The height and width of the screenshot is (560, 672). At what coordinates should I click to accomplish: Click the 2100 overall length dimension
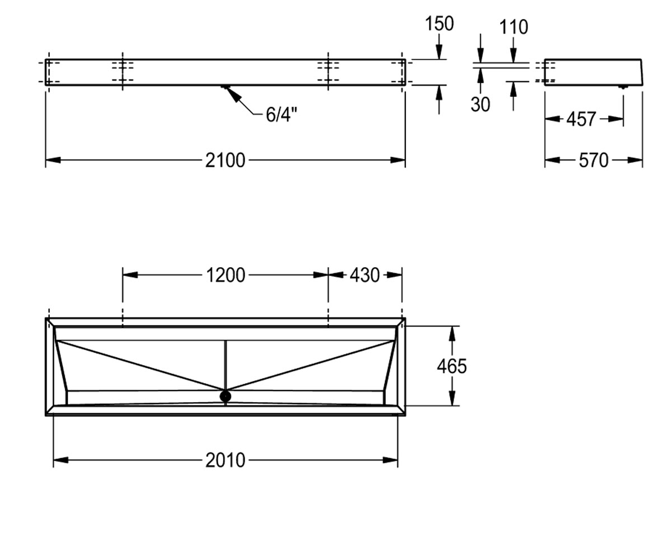[225, 160]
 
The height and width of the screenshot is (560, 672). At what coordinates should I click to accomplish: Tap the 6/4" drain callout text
[282, 114]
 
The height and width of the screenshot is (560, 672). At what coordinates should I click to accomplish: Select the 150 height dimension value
[439, 24]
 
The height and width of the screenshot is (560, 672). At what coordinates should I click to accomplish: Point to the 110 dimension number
[514, 27]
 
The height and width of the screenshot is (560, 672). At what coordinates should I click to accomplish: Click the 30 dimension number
[480, 104]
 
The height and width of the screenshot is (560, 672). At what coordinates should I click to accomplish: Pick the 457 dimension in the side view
[581, 119]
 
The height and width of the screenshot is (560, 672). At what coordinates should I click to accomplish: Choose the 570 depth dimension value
[594, 160]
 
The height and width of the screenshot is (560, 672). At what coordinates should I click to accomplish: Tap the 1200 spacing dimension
[225, 275]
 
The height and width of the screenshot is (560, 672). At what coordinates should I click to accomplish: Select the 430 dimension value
[365, 275]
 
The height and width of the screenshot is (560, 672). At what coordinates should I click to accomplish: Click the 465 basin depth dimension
[451, 366]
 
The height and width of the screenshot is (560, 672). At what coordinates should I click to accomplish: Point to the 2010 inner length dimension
[225, 460]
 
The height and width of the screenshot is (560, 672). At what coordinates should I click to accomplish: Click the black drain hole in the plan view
[225, 396]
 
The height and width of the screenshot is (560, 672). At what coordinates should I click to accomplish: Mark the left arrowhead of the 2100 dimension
[53, 160]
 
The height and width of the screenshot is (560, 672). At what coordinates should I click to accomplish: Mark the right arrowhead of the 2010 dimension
[390, 460]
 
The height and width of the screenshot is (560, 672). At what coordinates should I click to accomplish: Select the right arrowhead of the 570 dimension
[635, 160]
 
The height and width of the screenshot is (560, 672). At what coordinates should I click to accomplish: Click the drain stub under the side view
[623, 87]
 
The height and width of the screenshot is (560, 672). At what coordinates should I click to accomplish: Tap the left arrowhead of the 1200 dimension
[130, 275]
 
